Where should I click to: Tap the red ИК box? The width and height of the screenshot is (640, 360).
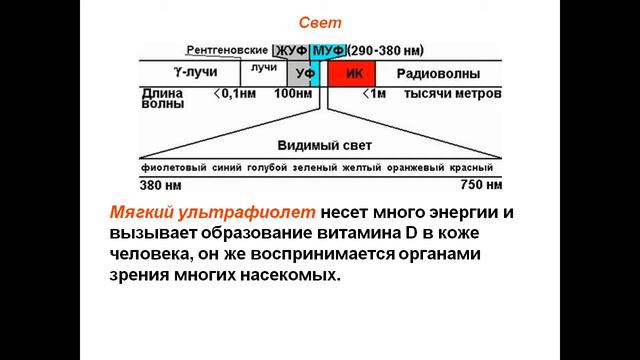coord(351,74)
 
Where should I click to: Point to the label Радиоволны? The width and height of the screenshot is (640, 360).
coord(437,74)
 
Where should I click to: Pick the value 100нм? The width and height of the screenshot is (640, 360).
coord(293,93)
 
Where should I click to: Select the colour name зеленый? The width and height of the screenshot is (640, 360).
coord(312,168)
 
